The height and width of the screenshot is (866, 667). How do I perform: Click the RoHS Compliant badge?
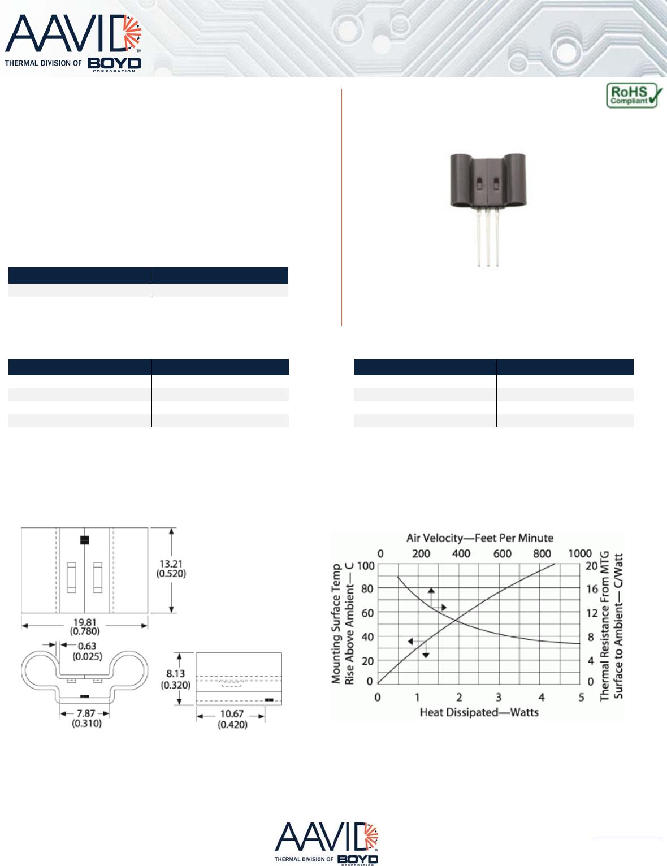coord(634,95)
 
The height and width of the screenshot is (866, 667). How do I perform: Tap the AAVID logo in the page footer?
coord(326,844)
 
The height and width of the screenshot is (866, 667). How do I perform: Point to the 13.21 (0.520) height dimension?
coord(171,569)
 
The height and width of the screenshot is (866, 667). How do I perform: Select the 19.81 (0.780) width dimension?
coord(85,626)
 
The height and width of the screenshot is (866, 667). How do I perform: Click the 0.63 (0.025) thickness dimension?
coord(87,651)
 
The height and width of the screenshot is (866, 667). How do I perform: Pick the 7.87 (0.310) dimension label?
coord(86,718)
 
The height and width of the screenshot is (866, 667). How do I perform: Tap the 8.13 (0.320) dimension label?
coord(176,679)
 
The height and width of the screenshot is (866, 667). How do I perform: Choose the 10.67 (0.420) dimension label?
coord(232,720)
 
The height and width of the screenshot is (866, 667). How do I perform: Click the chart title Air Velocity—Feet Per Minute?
coord(480,538)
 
